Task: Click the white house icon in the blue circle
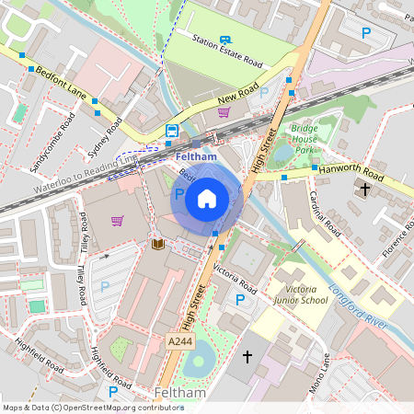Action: tap(207, 197)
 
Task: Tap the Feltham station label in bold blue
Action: tap(195, 157)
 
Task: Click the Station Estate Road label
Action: tap(227, 52)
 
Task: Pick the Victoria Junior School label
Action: tap(301, 293)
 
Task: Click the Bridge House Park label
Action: tap(305, 139)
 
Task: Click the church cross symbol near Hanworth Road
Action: tap(364, 190)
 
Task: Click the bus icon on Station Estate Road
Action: tap(226, 40)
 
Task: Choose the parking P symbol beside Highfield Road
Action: tap(113, 393)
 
